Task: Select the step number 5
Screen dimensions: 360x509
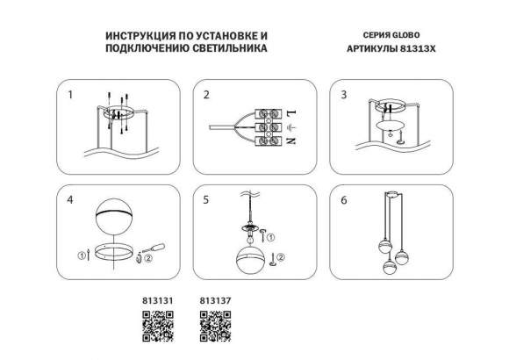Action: [x=206, y=200]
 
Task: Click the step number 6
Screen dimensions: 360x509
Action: [x=344, y=200]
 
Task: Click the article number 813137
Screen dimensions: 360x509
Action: [x=215, y=300]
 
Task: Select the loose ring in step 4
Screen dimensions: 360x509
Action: [x=114, y=256]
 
